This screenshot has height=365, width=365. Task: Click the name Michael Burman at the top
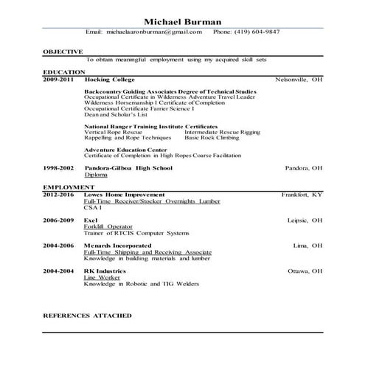[182, 21]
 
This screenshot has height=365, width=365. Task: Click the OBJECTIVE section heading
[63, 51]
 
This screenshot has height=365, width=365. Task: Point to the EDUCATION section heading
[62, 72]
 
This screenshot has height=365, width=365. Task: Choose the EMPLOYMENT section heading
[65, 188]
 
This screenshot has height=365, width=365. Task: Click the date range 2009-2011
[58, 78]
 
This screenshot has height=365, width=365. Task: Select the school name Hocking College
[107, 78]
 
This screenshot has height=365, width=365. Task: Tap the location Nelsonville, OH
[299, 78]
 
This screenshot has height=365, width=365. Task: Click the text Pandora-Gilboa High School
[128, 168]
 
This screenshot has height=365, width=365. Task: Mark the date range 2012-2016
[58, 195]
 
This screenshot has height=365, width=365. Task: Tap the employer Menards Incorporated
[117, 246]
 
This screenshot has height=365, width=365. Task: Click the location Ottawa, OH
[305, 271]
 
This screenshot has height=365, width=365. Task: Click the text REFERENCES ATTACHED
[87, 315]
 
